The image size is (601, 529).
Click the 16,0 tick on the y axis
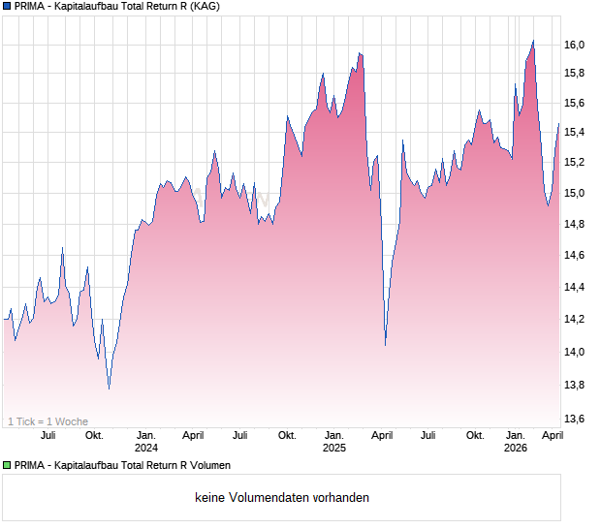coord(575,46)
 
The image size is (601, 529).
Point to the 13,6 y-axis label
coord(575,419)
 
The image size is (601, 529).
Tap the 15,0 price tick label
coord(575,193)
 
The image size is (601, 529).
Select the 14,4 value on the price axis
coord(575,287)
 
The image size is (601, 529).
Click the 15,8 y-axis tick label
coord(575,74)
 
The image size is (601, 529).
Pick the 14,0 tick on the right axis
coord(575,352)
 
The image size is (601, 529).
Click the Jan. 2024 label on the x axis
coord(146,442)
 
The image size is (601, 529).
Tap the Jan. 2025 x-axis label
coord(333,442)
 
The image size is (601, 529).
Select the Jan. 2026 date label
coord(516,442)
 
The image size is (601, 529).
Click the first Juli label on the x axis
coord(47,436)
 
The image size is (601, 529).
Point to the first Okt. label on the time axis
coord(94,436)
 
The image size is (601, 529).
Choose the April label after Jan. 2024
coord(193,436)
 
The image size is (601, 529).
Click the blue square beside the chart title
coord(7,7)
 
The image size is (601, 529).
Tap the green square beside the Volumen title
coord(7,465)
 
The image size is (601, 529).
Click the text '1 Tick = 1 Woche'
coord(47,421)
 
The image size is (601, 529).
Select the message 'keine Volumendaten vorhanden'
coord(282,498)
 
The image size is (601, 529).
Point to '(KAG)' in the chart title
coord(203,7)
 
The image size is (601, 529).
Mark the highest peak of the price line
coord(533,41)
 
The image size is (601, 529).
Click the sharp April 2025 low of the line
coord(386,344)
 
